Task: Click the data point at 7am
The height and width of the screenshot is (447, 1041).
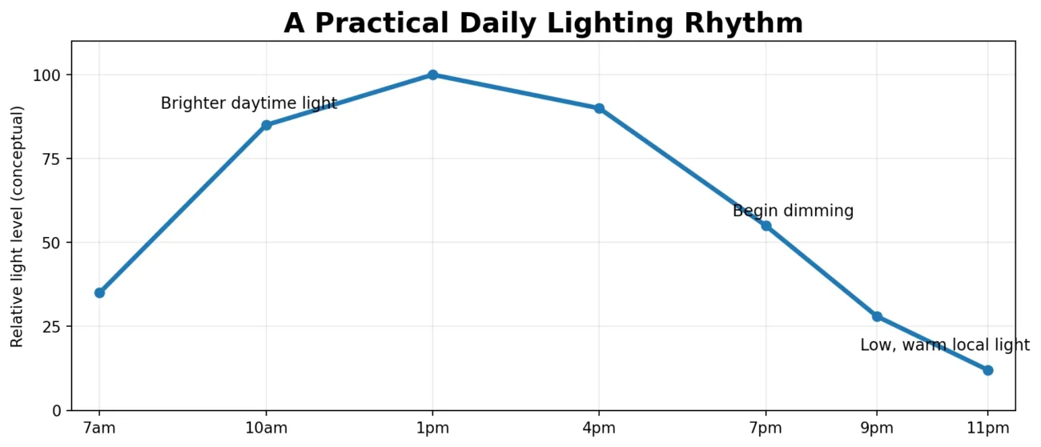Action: [99, 292]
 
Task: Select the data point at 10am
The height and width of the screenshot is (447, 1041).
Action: [267, 125]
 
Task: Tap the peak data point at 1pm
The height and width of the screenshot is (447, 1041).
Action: [432, 74]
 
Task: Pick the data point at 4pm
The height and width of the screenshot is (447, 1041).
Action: [599, 108]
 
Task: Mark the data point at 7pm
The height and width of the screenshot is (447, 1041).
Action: [766, 226]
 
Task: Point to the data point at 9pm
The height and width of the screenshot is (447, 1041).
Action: [877, 316]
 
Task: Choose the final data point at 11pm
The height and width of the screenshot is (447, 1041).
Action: [988, 370]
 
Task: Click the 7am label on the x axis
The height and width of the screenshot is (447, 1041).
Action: [99, 428]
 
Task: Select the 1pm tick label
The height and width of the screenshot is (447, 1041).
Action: [432, 428]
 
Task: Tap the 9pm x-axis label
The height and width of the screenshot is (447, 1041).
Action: [877, 428]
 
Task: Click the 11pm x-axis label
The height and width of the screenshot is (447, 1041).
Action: [988, 428]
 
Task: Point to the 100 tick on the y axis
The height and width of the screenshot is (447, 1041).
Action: [46, 75]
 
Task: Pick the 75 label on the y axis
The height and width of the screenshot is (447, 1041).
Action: [51, 159]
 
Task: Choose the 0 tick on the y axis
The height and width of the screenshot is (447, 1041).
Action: [57, 411]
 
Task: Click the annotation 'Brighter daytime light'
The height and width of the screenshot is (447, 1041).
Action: [248, 103]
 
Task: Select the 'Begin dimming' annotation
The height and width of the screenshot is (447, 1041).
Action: [794, 211]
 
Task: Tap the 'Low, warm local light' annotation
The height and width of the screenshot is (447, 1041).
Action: [945, 344]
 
